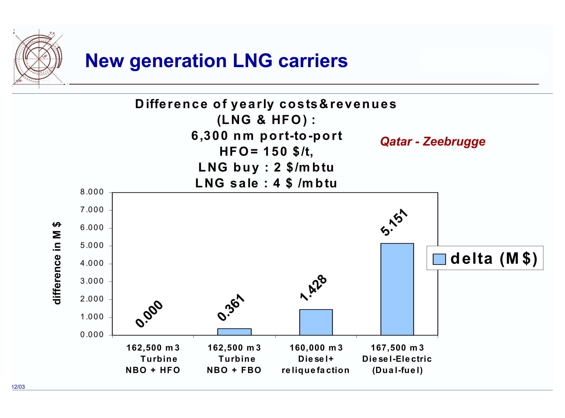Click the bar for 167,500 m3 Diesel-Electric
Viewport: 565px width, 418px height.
pos(397,289)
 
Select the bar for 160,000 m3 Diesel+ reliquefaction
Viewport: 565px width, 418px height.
pos(316,322)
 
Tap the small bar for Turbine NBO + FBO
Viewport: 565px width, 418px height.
pos(234,332)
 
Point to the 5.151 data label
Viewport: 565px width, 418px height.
pos(394,223)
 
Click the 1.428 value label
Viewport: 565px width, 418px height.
pos(313,288)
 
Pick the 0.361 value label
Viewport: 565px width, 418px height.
pos(231,307)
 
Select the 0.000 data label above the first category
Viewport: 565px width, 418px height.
pos(149,314)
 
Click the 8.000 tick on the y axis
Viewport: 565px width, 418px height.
pos(92,192)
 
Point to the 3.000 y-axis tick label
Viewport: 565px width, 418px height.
pos(92,281)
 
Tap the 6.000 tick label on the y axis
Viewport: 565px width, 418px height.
pos(92,228)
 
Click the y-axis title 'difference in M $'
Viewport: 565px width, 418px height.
pos(57,263)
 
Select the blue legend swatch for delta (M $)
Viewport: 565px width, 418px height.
pos(439,259)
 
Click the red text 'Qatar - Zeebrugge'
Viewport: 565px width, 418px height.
pos(433,141)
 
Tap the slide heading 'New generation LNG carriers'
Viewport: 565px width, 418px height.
pos(216,61)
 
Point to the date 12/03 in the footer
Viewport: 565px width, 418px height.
pos(18,387)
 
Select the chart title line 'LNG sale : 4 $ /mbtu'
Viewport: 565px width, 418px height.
pos(266,183)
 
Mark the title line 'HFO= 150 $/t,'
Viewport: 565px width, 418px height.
pos(266,151)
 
